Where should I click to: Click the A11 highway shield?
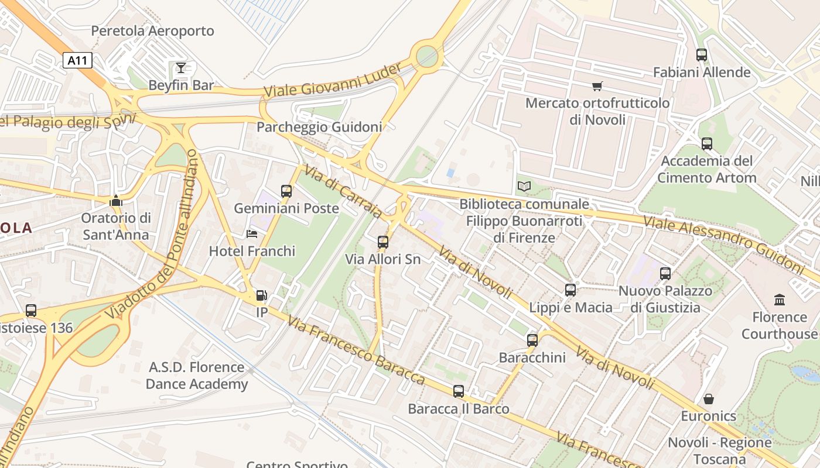click(x=77, y=60)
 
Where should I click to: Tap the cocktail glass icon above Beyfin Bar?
click(x=181, y=68)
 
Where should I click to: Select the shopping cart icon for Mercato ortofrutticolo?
click(x=597, y=87)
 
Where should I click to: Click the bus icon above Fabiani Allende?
click(x=702, y=55)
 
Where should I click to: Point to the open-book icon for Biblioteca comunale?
click(x=524, y=187)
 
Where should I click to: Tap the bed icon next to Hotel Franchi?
click(x=252, y=234)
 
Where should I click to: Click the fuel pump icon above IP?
click(x=262, y=296)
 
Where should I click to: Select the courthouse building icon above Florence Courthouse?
click(x=780, y=300)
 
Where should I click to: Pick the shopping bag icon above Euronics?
click(x=709, y=400)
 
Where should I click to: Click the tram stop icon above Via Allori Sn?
click(x=383, y=242)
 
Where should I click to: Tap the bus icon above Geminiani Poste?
click(x=286, y=191)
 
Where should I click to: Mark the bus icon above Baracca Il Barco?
click(x=459, y=391)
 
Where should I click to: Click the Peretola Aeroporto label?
click(x=152, y=31)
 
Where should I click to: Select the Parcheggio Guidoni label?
click(x=319, y=127)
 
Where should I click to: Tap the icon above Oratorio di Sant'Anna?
click(x=116, y=201)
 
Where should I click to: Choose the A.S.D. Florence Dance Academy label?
click(x=196, y=376)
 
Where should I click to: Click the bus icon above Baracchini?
click(x=532, y=340)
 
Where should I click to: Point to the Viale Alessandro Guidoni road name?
click(x=723, y=244)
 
